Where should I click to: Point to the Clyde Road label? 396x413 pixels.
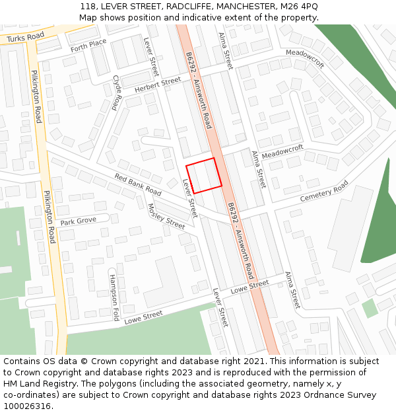pos(117,92)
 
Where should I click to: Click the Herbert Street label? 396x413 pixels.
pos(158,85)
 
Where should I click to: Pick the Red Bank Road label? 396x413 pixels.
pos(138,184)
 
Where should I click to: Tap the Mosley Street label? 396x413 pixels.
pos(167,216)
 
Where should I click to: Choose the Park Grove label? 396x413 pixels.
pos(79,220)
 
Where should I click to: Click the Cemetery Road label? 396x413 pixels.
pos(323,192)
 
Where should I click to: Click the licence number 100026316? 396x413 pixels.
pos(27,406)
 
